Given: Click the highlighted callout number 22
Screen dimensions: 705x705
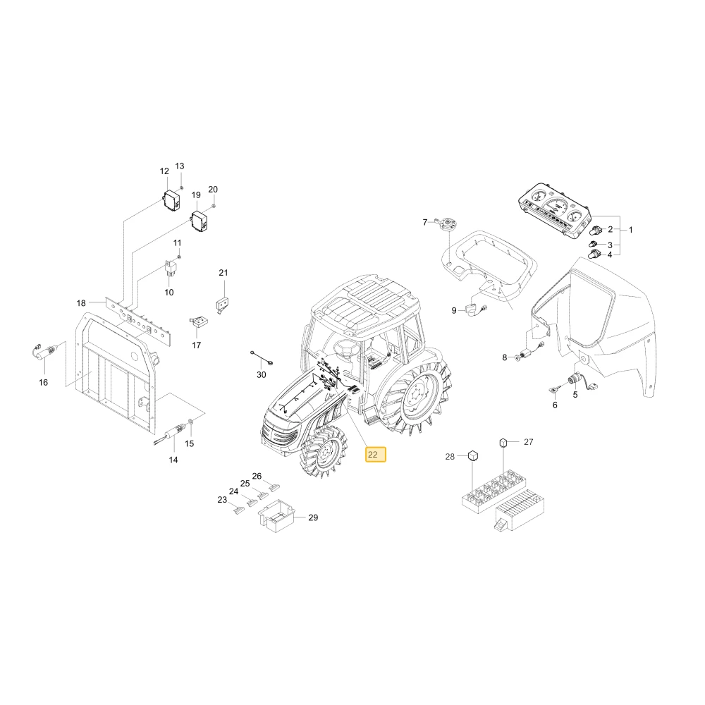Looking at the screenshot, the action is pos(376,455).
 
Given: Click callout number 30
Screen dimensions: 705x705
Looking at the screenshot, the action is pos(262,374).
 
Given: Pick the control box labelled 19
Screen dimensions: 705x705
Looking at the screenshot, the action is pos(200,221).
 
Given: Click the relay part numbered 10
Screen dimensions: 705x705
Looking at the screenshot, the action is pos(171,268).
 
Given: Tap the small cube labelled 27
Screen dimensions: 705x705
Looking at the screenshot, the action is pos(503,443).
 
